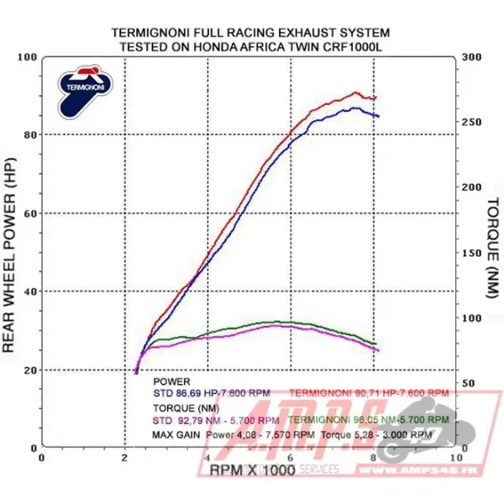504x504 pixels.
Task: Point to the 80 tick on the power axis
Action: tap(33, 134)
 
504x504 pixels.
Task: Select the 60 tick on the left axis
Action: tap(33, 213)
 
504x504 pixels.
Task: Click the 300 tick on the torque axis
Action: tap(472, 56)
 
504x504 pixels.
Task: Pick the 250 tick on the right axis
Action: tap(472, 122)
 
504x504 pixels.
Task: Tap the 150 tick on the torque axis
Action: tap(472, 253)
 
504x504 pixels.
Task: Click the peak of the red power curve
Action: tap(356, 92)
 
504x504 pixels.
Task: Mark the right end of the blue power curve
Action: tap(378, 116)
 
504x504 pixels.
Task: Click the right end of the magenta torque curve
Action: tap(378, 350)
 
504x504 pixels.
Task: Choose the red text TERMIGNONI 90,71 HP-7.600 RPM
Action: tap(369, 392)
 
